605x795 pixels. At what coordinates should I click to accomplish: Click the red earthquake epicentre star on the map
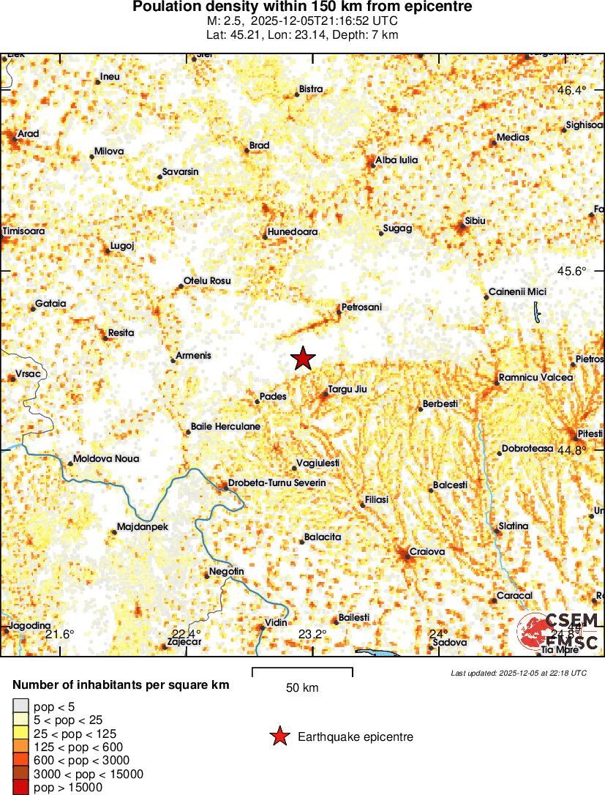(303, 359)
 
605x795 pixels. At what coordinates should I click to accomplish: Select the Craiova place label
(427, 551)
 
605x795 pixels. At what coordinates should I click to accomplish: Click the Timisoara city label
(24, 231)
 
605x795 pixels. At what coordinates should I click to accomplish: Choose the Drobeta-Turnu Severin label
(277, 483)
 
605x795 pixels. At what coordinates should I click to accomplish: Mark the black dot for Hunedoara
(266, 236)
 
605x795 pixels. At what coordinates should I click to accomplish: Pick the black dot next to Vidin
(263, 627)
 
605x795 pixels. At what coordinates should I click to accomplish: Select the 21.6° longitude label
(60, 634)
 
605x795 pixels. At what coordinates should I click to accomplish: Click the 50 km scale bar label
(302, 687)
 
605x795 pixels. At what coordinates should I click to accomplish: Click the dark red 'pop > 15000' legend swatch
(21, 788)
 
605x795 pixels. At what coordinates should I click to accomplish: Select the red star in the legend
(279, 737)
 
